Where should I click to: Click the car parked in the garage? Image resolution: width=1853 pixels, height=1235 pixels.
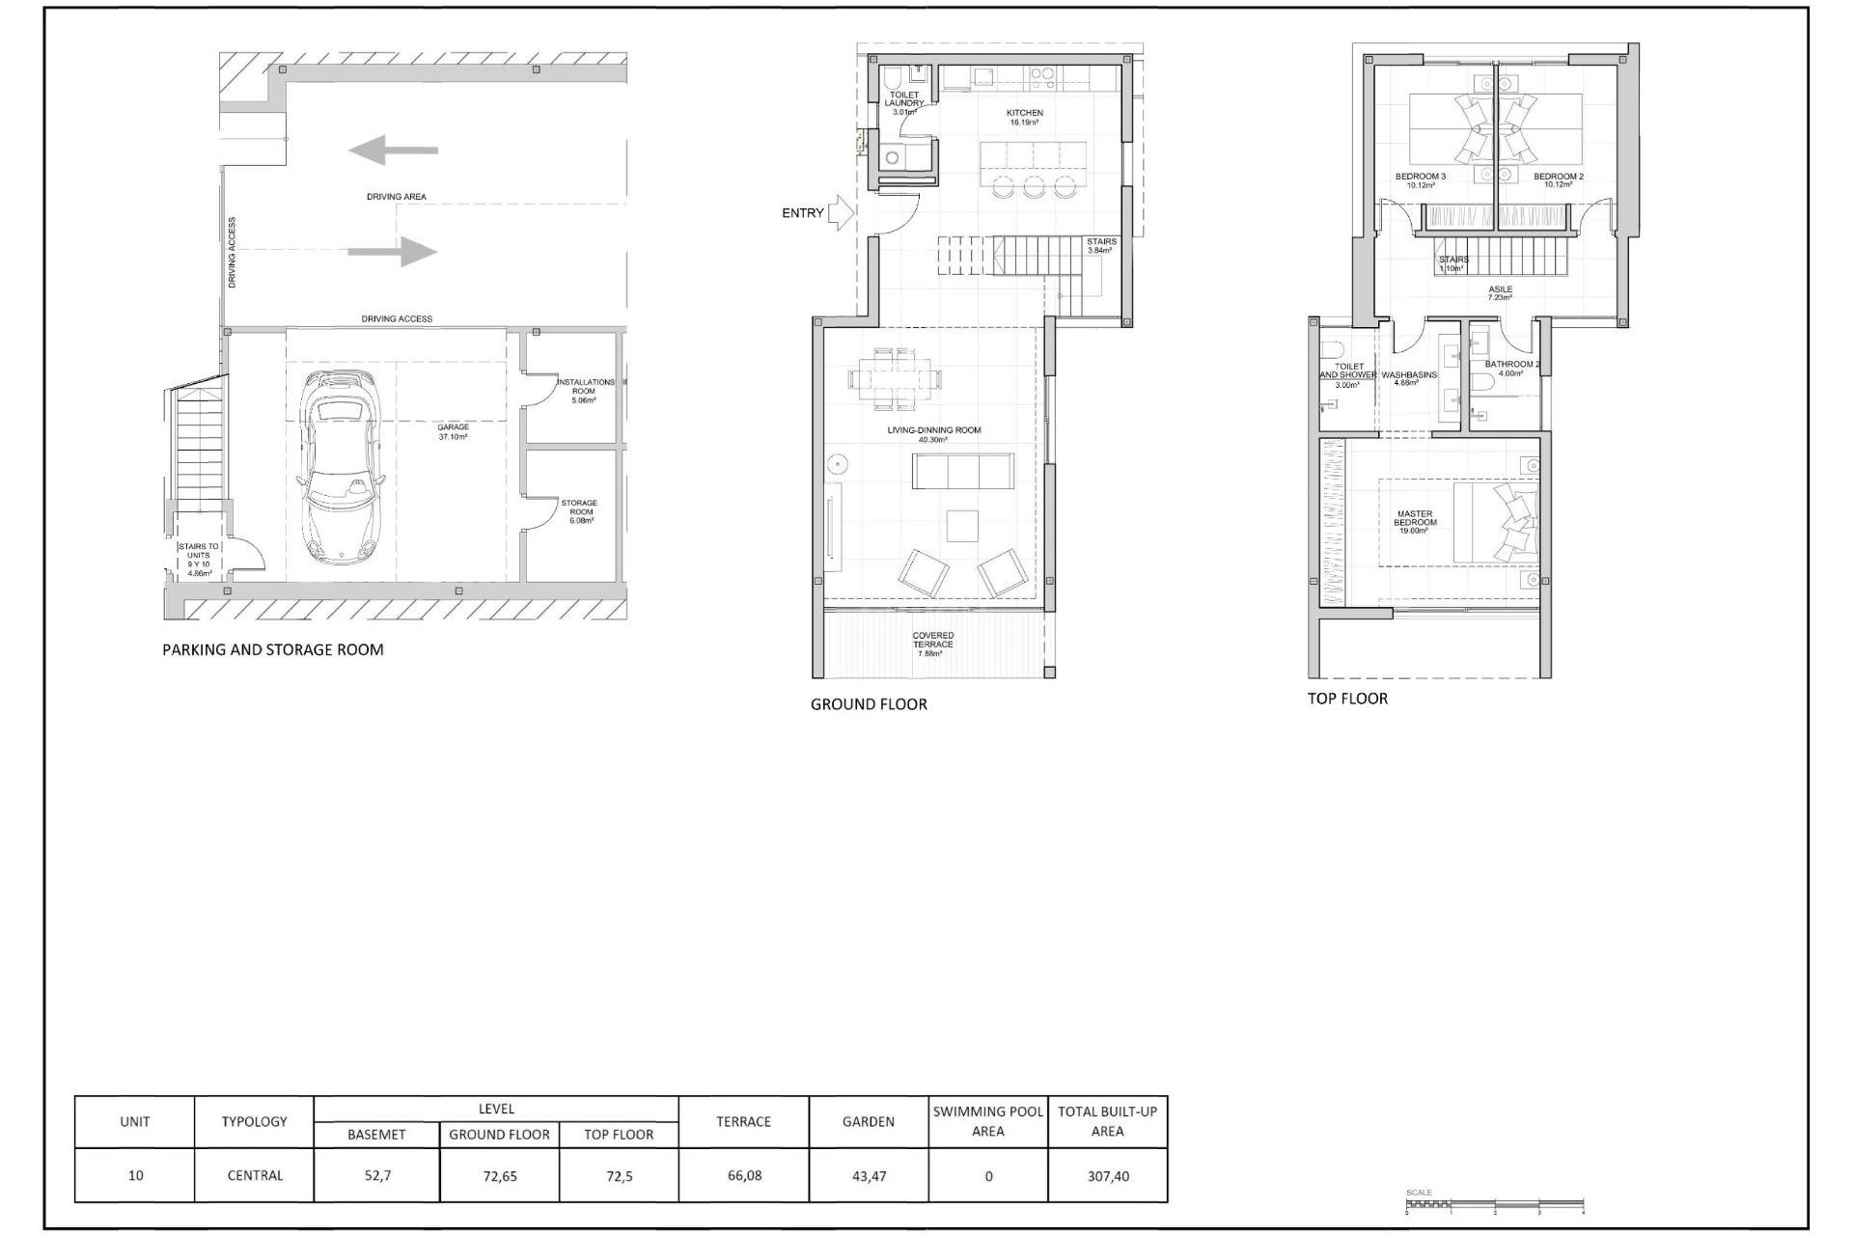341,467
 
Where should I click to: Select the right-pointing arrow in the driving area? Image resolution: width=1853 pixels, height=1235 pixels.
393,252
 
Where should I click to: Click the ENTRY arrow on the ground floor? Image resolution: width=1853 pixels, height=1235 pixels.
840,213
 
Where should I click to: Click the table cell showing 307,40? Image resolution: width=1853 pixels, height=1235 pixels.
1107,1176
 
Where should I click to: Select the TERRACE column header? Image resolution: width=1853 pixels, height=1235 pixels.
743,1121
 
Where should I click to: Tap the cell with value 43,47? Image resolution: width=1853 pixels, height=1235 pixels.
869,1176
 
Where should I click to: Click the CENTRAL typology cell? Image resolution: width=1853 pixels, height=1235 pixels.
255,1175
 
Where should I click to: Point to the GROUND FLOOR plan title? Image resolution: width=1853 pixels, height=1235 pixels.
869,704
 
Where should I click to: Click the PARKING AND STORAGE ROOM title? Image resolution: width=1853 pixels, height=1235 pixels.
273,650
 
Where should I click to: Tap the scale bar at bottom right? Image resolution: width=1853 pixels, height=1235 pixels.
1494,1204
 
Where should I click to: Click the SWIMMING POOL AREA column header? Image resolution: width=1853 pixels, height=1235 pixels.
987,1121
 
